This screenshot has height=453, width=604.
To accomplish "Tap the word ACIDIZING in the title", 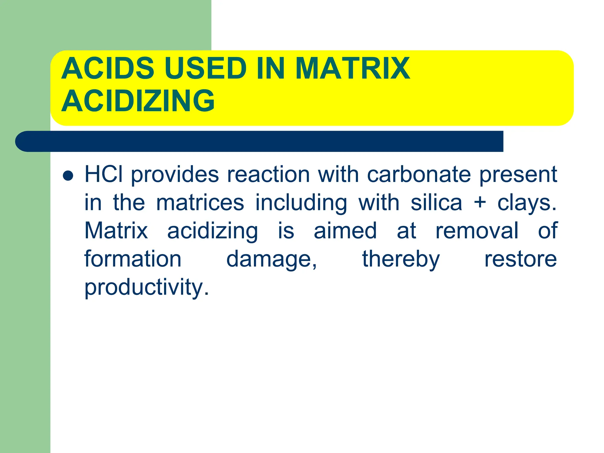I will coord(138,101).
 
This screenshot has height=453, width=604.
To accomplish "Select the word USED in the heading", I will coord(205,68).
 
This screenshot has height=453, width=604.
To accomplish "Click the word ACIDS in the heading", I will coord(108,68).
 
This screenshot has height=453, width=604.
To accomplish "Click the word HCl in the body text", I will coord(104,174).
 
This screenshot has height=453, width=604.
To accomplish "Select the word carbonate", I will coord(419,174).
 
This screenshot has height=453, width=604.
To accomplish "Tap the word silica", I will coord(436,203).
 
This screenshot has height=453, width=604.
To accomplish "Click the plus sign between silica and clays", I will coord(480,203).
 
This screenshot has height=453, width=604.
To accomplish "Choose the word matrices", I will coord(200,203).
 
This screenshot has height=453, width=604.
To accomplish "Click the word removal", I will coord(477,231).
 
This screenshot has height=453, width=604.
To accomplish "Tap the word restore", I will coord(521,259).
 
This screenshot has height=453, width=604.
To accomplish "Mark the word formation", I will coord(133,259).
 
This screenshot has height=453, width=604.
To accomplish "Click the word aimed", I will coord(345,231).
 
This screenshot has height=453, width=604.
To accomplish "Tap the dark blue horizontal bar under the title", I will coord(260,141).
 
